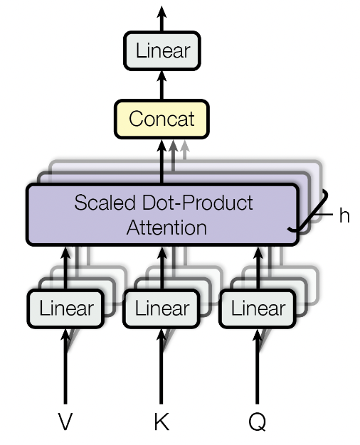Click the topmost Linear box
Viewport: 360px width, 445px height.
tap(162, 51)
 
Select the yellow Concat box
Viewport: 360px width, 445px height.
tap(162, 118)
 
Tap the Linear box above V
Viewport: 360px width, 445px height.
tap(66, 309)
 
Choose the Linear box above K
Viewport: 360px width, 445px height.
tap(162, 309)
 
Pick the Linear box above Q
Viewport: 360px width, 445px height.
tap(257, 309)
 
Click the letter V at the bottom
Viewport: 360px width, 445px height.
tap(65, 422)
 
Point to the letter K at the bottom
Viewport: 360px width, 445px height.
tap(162, 422)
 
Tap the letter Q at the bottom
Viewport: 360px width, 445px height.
tap(257, 422)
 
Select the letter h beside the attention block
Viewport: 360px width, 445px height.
tap(344, 215)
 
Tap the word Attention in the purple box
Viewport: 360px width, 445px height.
tap(166, 227)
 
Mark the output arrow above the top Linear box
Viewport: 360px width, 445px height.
tap(162, 17)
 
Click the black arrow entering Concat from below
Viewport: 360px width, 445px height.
tap(162, 162)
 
